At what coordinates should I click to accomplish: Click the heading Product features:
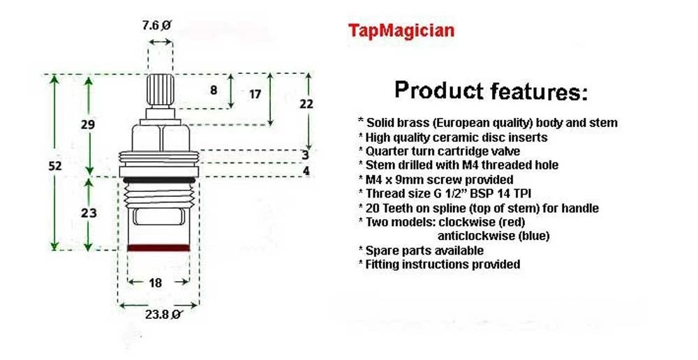[x=491, y=91]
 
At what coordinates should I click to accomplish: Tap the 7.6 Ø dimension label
[x=156, y=25]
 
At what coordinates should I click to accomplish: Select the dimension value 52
[x=54, y=166]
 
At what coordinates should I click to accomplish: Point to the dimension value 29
[x=88, y=125]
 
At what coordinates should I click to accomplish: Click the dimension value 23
[x=89, y=213]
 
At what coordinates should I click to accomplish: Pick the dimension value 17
[x=255, y=94]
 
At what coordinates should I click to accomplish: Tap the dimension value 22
[x=306, y=104]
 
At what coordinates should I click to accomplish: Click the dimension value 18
[x=156, y=283]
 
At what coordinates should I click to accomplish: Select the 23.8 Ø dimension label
[x=163, y=314]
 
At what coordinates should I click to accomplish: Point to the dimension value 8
[x=214, y=90]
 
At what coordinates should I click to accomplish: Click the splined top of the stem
[x=161, y=90]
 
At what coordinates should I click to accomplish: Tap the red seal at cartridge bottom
[x=158, y=248]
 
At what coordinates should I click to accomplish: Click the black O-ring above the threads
[x=159, y=180]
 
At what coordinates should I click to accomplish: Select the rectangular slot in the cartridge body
[x=159, y=217]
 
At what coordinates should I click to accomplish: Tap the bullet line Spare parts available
[x=421, y=250]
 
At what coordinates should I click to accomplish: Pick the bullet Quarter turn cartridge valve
[x=439, y=151]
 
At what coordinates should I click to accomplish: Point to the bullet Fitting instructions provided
[x=439, y=264]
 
